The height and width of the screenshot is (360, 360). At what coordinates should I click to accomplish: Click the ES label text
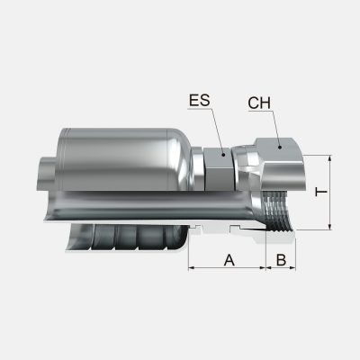(200, 100)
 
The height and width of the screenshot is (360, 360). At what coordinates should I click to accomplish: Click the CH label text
(259, 103)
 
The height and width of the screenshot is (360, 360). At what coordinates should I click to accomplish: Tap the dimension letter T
(321, 192)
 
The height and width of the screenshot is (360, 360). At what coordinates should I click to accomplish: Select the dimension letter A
(229, 260)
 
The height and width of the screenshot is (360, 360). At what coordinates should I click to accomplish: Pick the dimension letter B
(281, 260)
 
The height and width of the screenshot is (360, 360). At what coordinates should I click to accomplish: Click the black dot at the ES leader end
(223, 155)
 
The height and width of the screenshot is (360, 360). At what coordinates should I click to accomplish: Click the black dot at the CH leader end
(280, 147)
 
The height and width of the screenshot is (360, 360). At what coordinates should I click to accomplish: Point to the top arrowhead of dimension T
(330, 158)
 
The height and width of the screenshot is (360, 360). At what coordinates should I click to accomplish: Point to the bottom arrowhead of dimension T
(330, 227)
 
